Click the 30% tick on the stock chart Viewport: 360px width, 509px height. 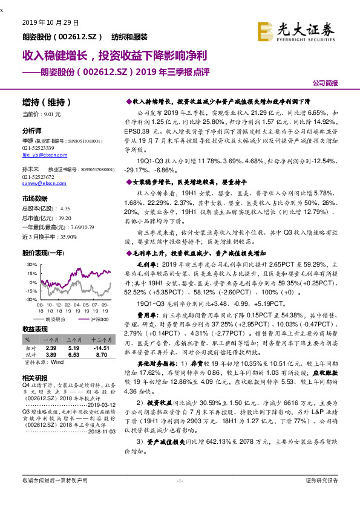(x=30, y=265)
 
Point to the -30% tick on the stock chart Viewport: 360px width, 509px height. (x=29, y=299)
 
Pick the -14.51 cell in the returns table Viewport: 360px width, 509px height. (x=101, y=348)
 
